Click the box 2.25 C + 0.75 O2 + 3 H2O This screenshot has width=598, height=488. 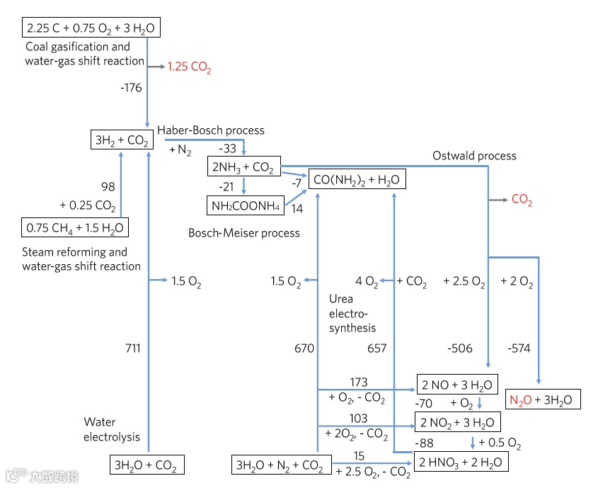(x=91, y=28)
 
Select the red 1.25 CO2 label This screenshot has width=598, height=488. (x=189, y=68)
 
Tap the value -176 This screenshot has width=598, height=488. (x=132, y=88)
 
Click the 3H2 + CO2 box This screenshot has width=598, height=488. (x=122, y=140)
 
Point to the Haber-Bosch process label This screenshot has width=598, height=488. (x=211, y=130)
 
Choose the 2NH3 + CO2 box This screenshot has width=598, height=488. (x=243, y=168)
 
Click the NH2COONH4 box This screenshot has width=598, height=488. (x=244, y=206)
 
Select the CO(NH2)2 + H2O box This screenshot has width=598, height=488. (x=357, y=180)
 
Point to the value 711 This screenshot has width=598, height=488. (x=132, y=348)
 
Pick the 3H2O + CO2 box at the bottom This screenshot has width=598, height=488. (x=146, y=465)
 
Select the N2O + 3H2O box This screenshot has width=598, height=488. (x=544, y=399)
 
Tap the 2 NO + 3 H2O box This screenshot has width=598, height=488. (x=457, y=385)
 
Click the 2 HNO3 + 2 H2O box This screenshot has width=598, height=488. (x=461, y=463)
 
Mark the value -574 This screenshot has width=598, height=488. (x=519, y=348)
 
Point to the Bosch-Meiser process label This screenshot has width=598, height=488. (x=244, y=233)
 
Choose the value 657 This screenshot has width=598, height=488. (x=377, y=348)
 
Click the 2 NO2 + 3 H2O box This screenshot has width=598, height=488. (x=459, y=424)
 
